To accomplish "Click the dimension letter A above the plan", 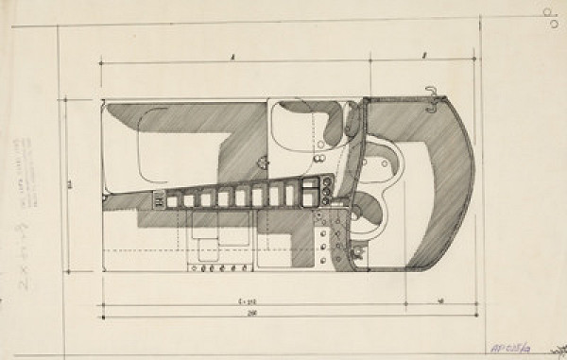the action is [x=232, y=57].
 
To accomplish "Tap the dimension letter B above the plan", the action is [x=424, y=57].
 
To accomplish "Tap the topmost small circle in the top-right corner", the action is [x=550, y=11].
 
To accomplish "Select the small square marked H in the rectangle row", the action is [x=159, y=199].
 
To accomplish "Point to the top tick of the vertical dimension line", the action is [x=63, y=98].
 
